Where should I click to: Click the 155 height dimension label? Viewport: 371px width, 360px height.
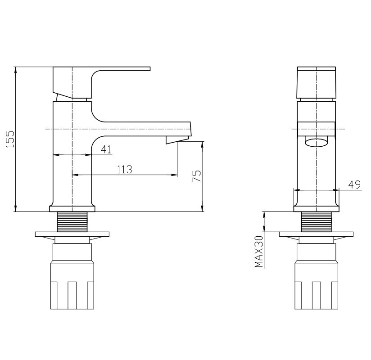pos(10,139)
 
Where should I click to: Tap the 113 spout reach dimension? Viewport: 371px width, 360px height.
pos(124,170)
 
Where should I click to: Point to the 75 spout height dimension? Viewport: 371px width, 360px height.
pos(196,176)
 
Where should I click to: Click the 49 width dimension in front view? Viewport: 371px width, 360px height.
pos(354,184)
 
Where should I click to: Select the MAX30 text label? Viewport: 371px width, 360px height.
pos(258,252)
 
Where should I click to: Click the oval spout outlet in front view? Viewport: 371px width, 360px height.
pos(316,143)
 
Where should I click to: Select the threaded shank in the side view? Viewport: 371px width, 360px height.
pos(72,221)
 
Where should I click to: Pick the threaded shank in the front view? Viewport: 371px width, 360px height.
pos(316,221)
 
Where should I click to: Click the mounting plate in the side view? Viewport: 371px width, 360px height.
pos(72,234)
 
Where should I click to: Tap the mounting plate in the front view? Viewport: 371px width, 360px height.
pos(316,234)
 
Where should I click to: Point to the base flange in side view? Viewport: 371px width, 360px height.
pos(72,208)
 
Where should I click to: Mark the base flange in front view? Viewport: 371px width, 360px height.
pos(316,208)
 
